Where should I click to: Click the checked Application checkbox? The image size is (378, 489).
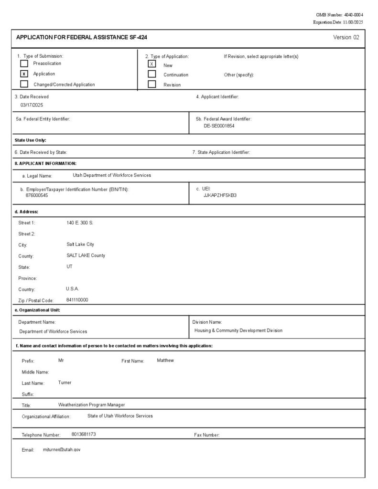(x=24, y=74)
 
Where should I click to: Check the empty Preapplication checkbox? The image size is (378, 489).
(x=24, y=64)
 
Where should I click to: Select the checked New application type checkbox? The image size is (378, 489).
(x=152, y=64)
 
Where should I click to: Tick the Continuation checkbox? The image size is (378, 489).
(x=152, y=74)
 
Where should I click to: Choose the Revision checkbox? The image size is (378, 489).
(x=152, y=85)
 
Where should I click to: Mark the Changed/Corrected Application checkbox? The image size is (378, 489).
(x=24, y=85)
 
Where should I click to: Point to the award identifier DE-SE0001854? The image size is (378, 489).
(x=219, y=126)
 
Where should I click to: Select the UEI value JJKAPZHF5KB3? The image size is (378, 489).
(x=220, y=195)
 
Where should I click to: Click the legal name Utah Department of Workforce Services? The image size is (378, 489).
(x=112, y=175)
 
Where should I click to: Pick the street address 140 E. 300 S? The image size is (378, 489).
(x=80, y=223)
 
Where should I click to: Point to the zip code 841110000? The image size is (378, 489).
(x=77, y=300)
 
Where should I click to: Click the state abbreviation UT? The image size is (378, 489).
(x=70, y=266)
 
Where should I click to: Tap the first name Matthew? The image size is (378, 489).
(x=165, y=361)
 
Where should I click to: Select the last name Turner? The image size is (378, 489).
(x=65, y=383)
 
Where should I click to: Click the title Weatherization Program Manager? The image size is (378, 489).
(x=91, y=405)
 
